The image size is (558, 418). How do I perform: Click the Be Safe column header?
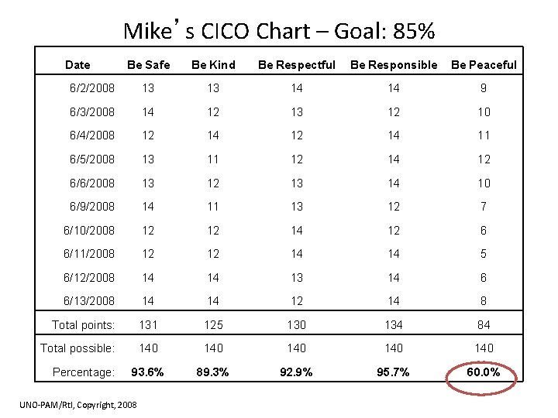point(148,65)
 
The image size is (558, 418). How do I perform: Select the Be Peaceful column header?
point(484,65)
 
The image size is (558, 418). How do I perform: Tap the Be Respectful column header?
point(296,65)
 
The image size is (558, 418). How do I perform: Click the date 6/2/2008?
point(91,87)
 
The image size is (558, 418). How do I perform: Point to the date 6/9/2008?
point(91,206)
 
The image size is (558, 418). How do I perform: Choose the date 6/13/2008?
point(89,300)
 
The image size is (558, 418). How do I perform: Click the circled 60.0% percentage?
point(484,372)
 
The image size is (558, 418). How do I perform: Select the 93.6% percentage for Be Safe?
point(147,372)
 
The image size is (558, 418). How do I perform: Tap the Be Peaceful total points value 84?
point(484,324)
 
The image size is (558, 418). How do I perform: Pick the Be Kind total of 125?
point(213,324)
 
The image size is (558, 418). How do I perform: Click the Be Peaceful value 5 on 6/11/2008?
point(484,253)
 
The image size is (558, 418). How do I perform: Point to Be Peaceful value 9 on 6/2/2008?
point(484,87)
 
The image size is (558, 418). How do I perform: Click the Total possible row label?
point(77,348)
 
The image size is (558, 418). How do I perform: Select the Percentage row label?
point(83,372)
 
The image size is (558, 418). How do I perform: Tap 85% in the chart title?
point(414,30)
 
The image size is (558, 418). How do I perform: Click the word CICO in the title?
point(225,30)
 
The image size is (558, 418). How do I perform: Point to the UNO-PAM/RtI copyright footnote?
point(78,405)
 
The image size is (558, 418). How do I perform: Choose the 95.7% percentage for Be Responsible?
point(393,372)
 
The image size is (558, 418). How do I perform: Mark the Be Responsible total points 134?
point(393,324)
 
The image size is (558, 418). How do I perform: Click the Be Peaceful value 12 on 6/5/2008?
point(484,159)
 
